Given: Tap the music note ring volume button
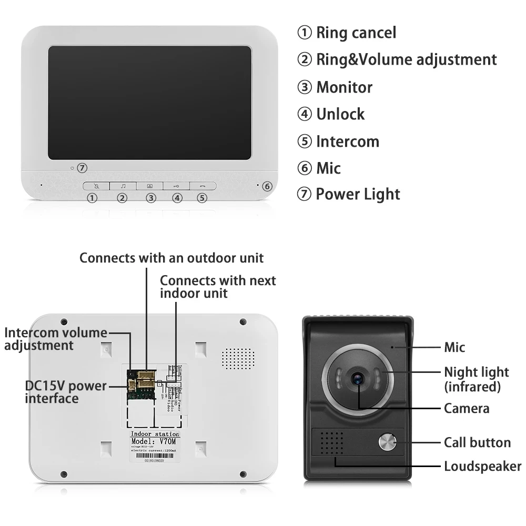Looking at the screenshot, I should tap(123, 186).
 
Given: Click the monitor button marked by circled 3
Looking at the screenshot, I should tap(150, 186).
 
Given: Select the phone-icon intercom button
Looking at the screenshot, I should tap(203, 186).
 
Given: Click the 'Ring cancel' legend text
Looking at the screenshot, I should tap(356, 33).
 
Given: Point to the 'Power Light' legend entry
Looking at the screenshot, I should tap(358, 194).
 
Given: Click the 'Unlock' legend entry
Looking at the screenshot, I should tap(340, 114).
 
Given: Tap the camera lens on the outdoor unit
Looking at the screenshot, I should tap(359, 378).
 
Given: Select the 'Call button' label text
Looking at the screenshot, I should tap(477, 442).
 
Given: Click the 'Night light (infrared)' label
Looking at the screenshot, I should tap(477, 379).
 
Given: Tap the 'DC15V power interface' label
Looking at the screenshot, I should tap(66, 392).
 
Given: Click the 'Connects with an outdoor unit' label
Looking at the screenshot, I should tap(171, 258).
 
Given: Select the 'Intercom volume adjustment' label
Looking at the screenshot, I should tap(56, 339).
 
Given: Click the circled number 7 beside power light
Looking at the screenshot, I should tap(82, 168).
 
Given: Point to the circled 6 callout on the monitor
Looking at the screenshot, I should tap(267, 186).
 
